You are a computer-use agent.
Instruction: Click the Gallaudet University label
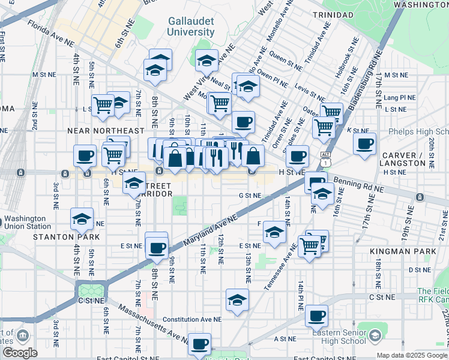point(191,26)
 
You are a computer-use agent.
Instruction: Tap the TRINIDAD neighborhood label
point(330,14)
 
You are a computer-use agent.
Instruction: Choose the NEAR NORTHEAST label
point(106,130)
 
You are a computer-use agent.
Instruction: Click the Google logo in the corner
point(20,352)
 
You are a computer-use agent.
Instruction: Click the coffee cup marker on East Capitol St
point(199,344)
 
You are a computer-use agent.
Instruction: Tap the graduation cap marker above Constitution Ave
point(237,299)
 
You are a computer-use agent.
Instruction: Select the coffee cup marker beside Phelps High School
point(364,144)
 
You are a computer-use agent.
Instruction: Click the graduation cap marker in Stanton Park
point(82,220)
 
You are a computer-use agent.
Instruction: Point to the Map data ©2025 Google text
point(412,355)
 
